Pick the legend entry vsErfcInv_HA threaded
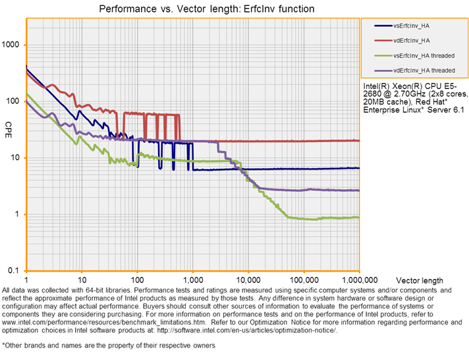pyautogui.click(x=423, y=55)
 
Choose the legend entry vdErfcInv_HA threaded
pyautogui.click(x=423, y=69)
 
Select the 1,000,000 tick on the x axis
pyautogui.click(x=359, y=281)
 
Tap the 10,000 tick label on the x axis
pyautogui.click(x=248, y=281)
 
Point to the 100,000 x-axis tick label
pyautogui.click(x=304, y=281)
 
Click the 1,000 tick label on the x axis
pyautogui.click(x=193, y=281)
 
